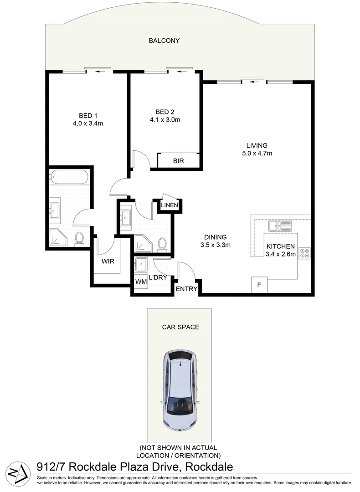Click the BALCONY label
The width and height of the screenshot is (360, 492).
click(164, 41)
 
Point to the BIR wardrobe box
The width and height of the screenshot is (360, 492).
click(178, 161)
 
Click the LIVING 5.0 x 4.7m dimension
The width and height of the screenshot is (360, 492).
click(257, 154)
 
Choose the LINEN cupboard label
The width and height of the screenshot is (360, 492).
click(169, 206)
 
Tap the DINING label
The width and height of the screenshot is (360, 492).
click(216, 237)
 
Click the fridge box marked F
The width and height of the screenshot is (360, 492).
click(259, 286)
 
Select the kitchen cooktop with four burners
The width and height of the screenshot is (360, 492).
click(304, 254)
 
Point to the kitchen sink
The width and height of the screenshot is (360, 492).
click(277, 225)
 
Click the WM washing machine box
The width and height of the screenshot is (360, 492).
click(141, 282)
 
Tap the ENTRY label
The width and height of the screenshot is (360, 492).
click(186, 289)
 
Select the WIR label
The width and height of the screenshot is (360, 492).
click(108, 261)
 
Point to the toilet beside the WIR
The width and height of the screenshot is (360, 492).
click(79, 238)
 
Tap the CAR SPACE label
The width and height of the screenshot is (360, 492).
click(180, 327)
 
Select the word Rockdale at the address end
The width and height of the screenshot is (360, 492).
click(207, 467)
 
